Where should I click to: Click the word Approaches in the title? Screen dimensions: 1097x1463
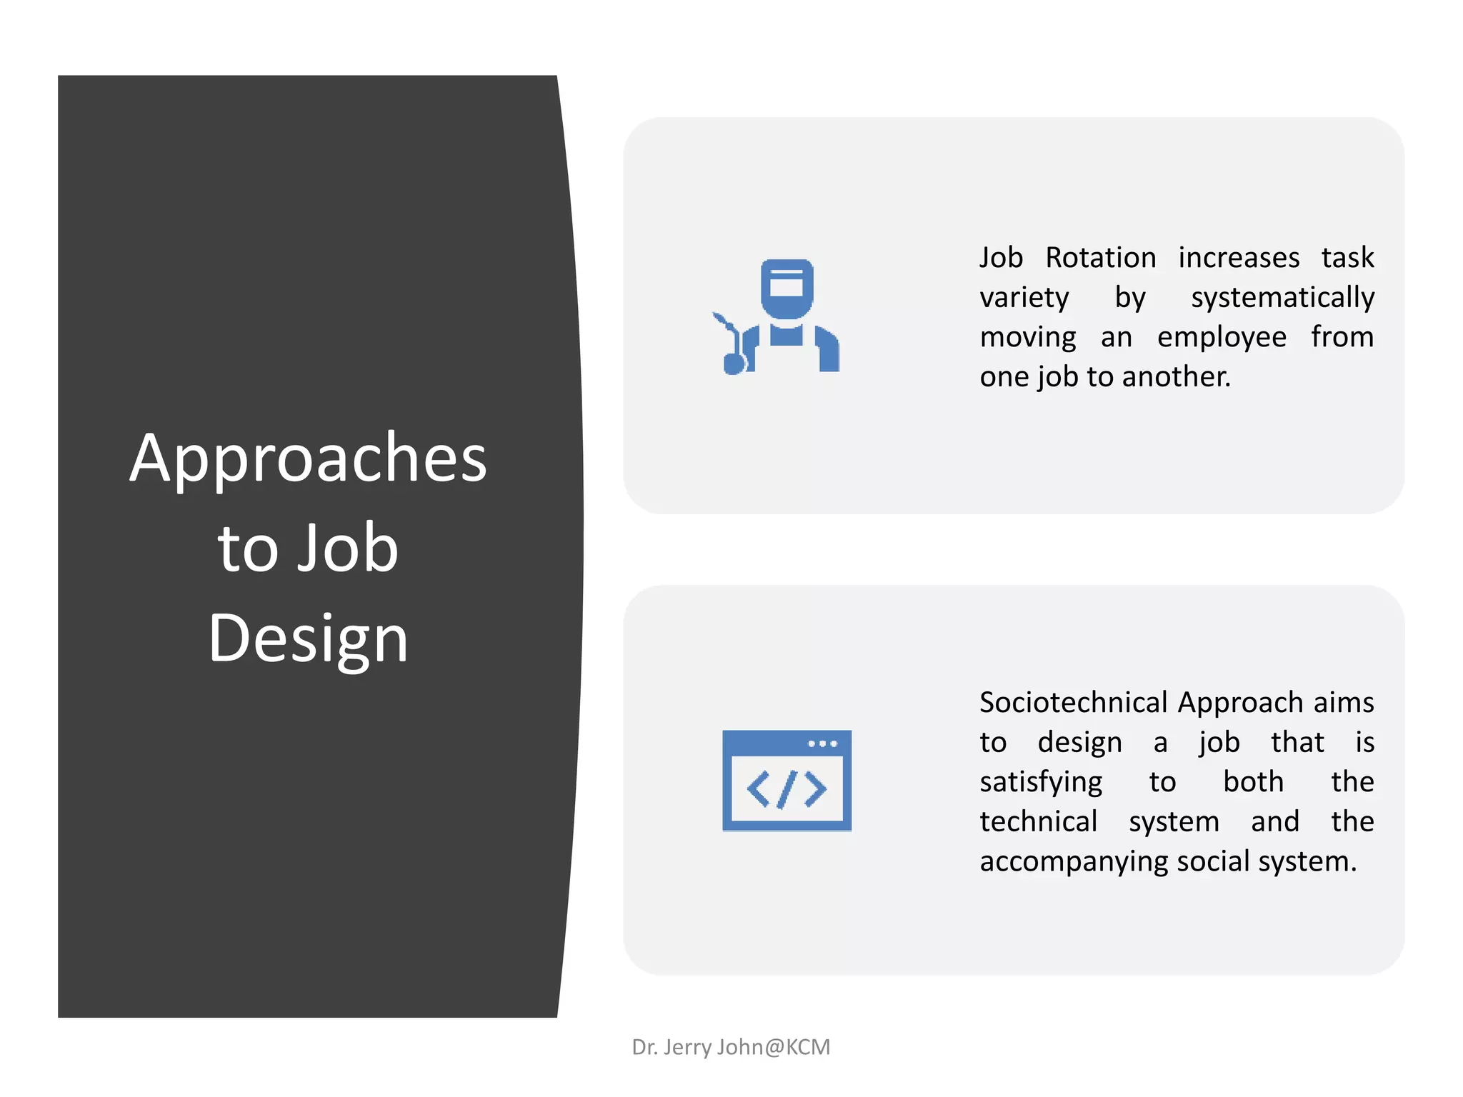point(308,459)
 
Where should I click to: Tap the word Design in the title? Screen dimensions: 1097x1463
point(308,638)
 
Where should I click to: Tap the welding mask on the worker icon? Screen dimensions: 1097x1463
point(787,288)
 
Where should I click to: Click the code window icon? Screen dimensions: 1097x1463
point(787,780)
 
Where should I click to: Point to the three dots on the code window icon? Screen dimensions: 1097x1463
point(822,744)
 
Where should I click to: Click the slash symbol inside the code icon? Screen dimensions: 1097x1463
point(787,789)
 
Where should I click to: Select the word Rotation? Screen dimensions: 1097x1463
point(1100,258)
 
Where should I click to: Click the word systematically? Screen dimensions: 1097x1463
point(1282,298)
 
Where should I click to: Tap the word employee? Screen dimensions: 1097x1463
point(1222,337)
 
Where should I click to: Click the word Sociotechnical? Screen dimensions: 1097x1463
point(1073,703)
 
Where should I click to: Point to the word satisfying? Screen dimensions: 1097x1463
point(1041,783)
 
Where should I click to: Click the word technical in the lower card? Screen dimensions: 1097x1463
point(1038,822)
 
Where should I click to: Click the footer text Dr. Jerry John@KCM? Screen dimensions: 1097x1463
point(731,1047)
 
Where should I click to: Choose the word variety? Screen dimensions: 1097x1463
point(1024,298)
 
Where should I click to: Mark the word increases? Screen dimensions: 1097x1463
point(1239,258)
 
